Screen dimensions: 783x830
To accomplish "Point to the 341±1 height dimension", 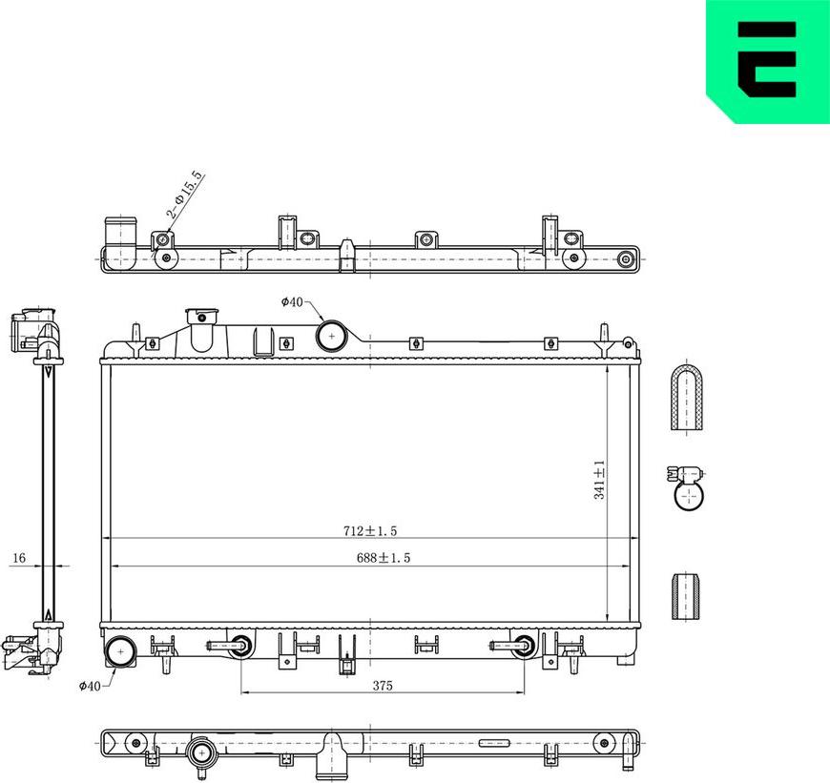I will pyautogui.click(x=600, y=480).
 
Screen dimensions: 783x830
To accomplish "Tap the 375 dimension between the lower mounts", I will pyautogui.click(x=382, y=685).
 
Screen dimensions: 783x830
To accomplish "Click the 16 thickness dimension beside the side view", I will pyautogui.click(x=18, y=558).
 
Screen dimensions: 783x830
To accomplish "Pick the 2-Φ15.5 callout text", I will pyautogui.click(x=185, y=196).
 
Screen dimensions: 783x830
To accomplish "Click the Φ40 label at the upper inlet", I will pyautogui.click(x=291, y=302).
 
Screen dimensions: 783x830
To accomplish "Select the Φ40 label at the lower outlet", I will pyautogui.click(x=89, y=685).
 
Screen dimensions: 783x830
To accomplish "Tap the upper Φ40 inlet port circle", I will pyautogui.click(x=331, y=336).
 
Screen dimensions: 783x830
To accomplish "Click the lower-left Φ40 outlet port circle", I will pyautogui.click(x=121, y=652).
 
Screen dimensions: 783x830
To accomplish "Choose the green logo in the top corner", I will pyautogui.click(x=768, y=61).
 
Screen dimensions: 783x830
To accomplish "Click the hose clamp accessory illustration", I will pyautogui.click(x=686, y=485).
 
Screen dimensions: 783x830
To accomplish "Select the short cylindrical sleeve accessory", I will pyautogui.click(x=686, y=597).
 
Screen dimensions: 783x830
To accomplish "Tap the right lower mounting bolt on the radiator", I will pyautogui.click(x=522, y=646).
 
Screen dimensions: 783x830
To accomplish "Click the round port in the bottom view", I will pyautogui.click(x=203, y=753).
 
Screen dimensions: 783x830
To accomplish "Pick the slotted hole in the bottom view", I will pyautogui.click(x=495, y=742).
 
